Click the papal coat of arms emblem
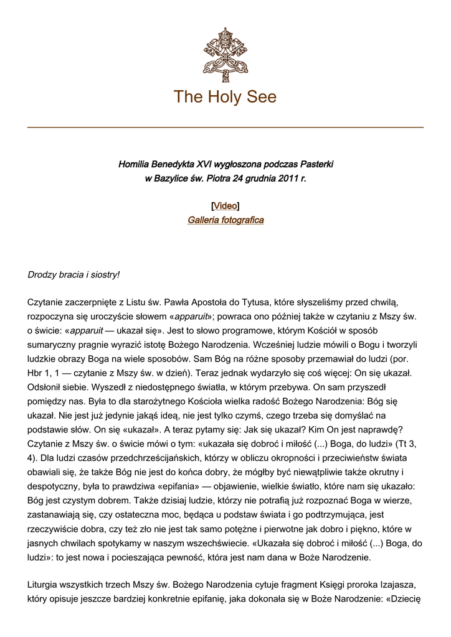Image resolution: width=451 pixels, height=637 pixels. pos(225,51)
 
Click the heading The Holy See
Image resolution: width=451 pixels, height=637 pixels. pos(225,97)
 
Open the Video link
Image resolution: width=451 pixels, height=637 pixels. pos(225,206)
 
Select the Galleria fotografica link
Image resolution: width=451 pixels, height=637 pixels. pos(225,220)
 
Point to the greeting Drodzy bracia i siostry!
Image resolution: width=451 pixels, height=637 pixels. pos(74,274)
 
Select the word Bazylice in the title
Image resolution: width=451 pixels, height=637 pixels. pos(173,179)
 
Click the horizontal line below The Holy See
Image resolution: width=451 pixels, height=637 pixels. pos(225,128)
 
